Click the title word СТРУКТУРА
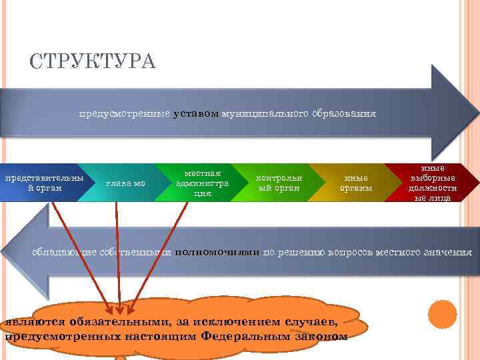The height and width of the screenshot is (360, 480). click(93, 62)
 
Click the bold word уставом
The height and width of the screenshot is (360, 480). click(195, 114)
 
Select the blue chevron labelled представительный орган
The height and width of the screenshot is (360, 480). click(44, 183)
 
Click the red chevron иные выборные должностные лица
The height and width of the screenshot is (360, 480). click(433, 183)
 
